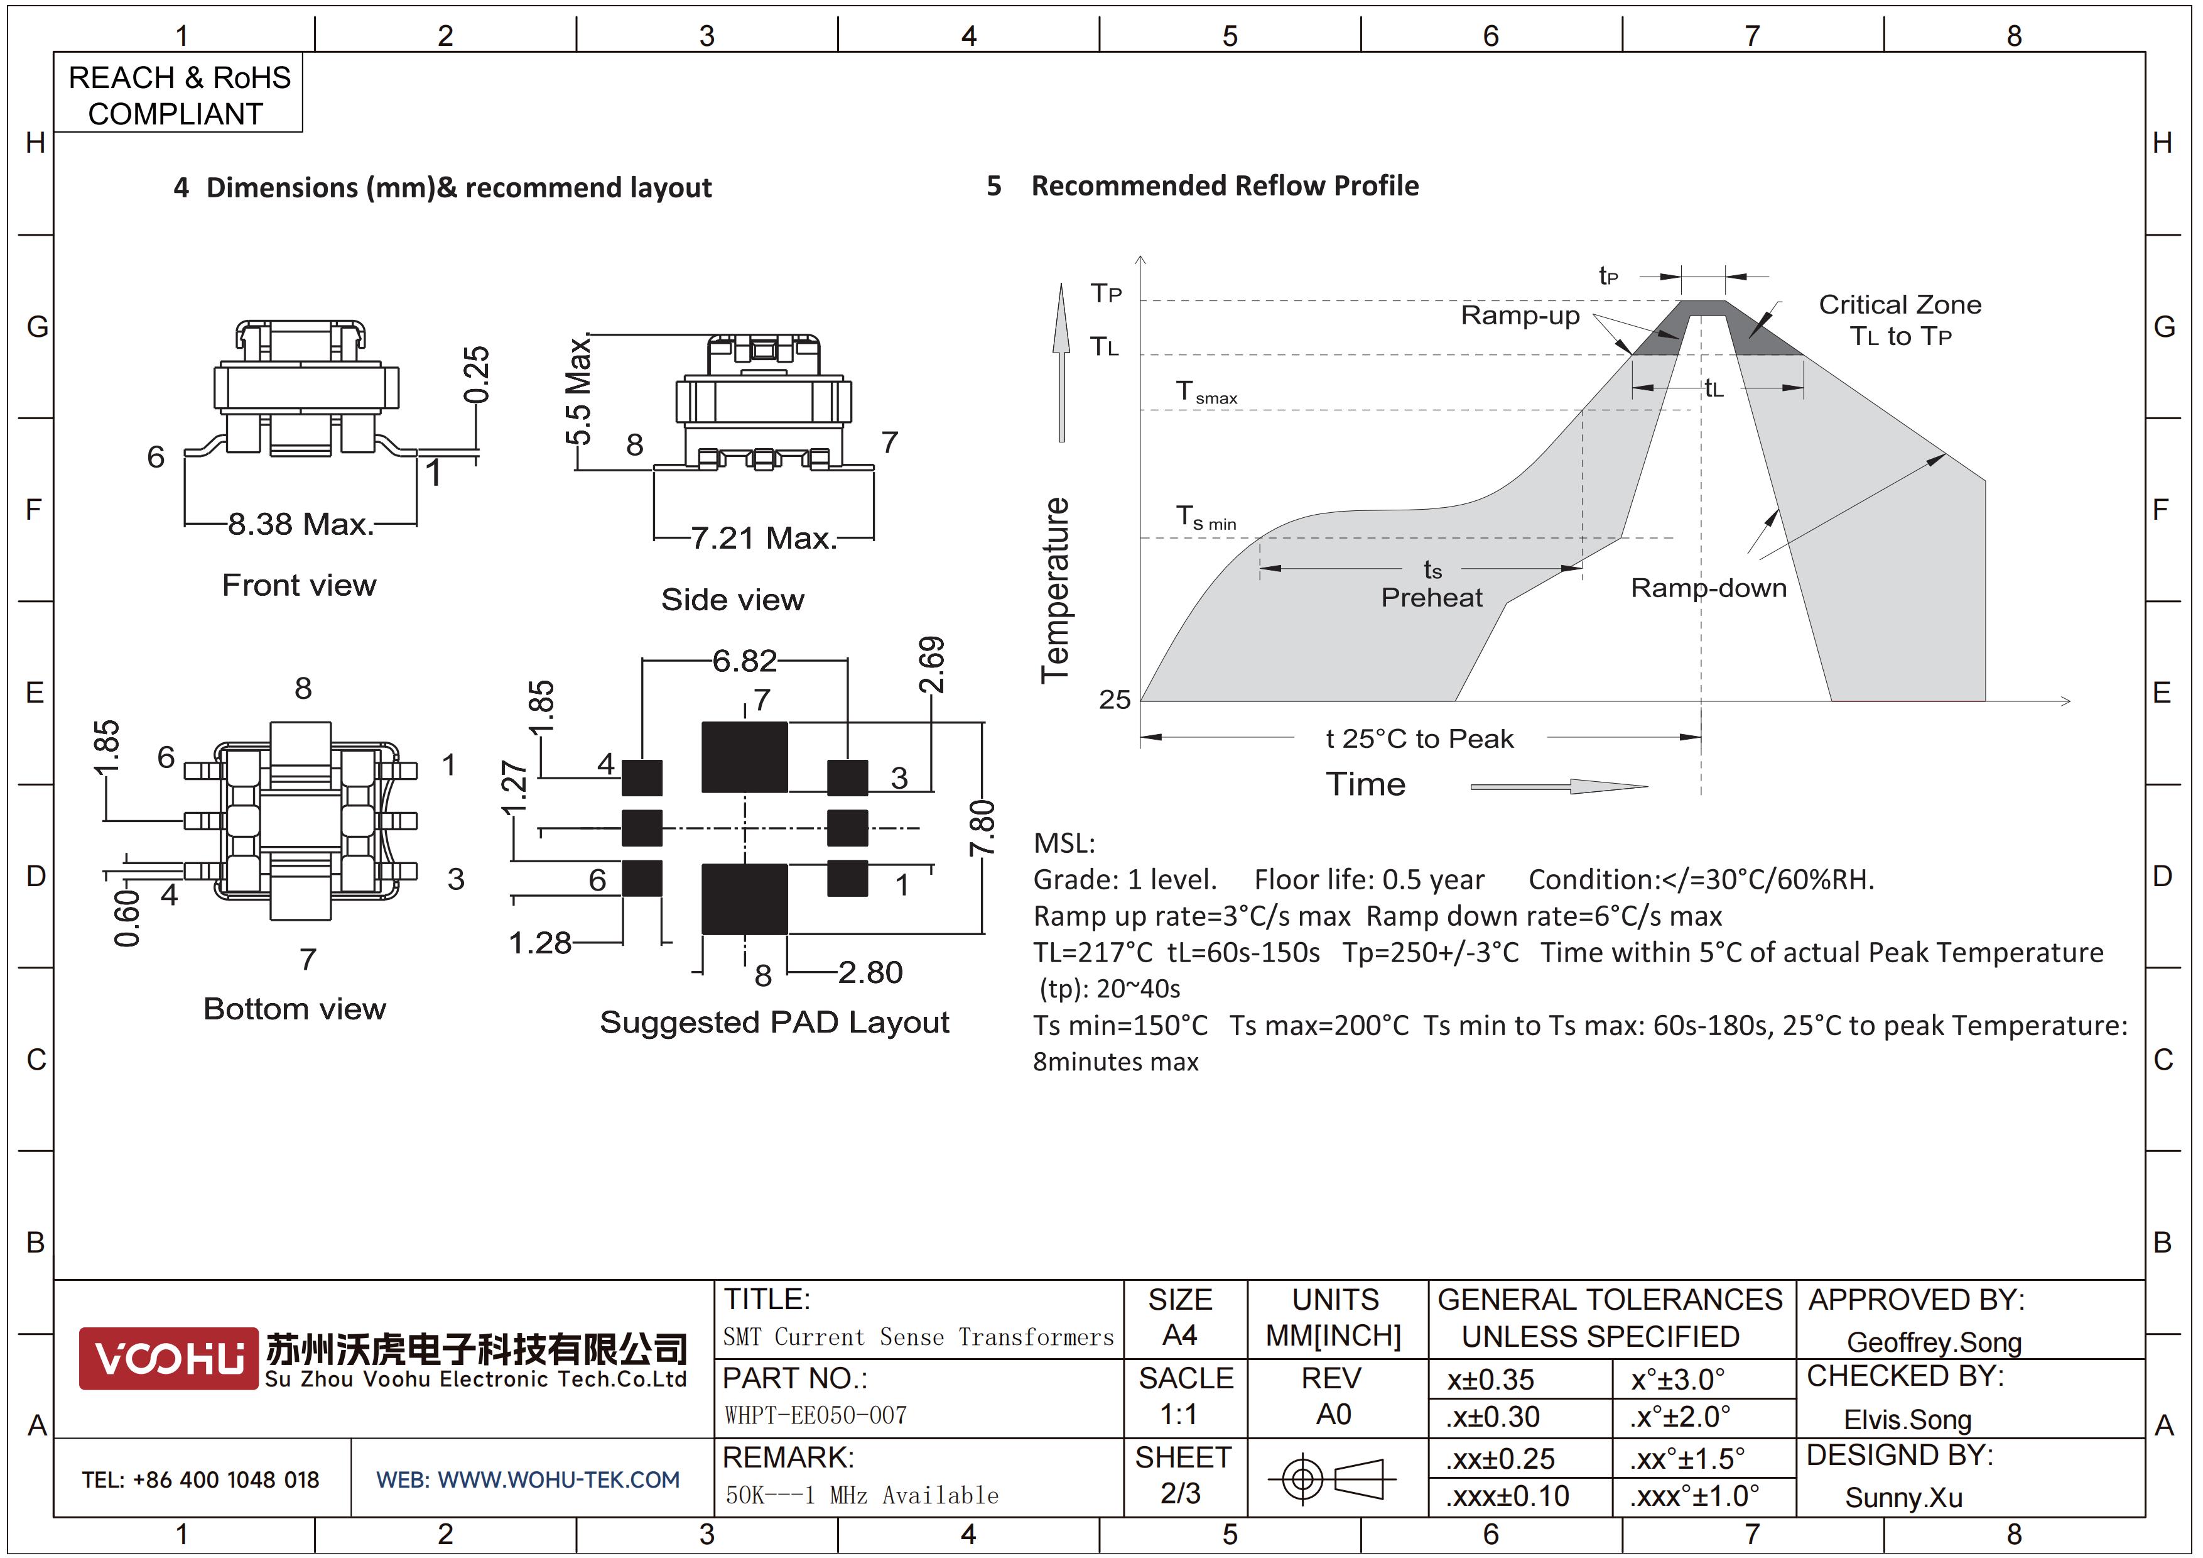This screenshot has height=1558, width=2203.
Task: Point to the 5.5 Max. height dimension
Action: [578, 392]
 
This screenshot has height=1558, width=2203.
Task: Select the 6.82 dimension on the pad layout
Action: [745, 661]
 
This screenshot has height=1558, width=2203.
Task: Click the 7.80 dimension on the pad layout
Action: [983, 828]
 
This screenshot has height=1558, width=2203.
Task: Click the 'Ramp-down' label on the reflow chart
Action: [1709, 588]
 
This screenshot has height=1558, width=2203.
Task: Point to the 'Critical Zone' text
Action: [1900, 304]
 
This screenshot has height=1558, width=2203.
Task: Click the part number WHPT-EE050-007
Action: [816, 1415]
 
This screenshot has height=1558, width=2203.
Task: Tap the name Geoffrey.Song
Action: [1934, 1342]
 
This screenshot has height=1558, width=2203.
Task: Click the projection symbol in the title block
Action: [1333, 1478]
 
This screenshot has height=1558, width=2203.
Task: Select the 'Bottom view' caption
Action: [295, 1009]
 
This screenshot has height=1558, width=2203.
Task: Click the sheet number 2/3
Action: [1180, 1494]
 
